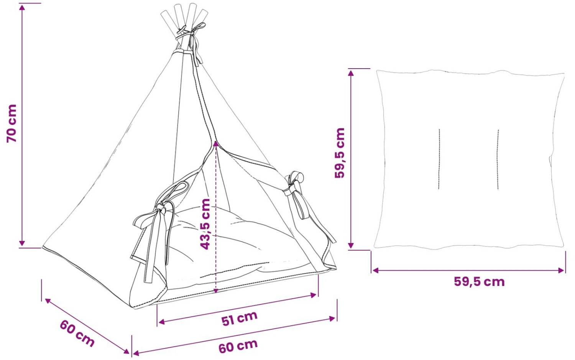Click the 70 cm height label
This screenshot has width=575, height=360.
pyautogui.click(x=12, y=123)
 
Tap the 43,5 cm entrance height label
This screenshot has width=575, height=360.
pyautogui.click(x=205, y=224)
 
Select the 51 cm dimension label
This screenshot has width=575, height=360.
pyautogui.click(x=239, y=318)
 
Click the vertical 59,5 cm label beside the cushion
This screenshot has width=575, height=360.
pyautogui.click(x=340, y=153)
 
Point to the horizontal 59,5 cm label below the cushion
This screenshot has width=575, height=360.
pyautogui.click(x=480, y=282)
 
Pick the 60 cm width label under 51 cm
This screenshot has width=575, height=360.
pyautogui.click(x=238, y=345)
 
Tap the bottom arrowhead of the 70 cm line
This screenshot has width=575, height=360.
pyautogui.click(x=22, y=243)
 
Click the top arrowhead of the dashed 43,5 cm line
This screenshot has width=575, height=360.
pyautogui.click(x=215, y=143)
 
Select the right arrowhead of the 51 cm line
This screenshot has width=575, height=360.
pyautogui.click(x=314, y=295)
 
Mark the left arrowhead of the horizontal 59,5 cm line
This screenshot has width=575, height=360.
pyautogui.click(x=376, y=270)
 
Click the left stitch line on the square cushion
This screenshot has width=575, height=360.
pyautogui.click(x=439, y=159)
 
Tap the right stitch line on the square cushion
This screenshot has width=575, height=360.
pyautogui.click(x=498, y=159)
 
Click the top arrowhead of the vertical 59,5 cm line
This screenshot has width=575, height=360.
pyautogui.click(x=351, y=73)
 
